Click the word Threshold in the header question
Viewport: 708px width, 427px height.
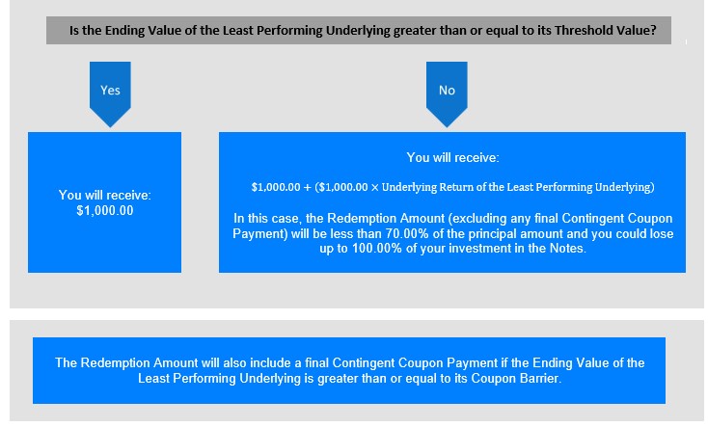pyautogui.click(x=580, y=30)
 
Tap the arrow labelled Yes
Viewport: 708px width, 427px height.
pyautogui.click(x=110, y=93)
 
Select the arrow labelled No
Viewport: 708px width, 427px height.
pyautogui.click(x=447, y=93)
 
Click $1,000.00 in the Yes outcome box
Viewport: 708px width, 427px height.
pyautogui.click(x=105, y=211)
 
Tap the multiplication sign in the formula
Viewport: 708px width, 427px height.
pyautogui.click(x=375, y=187)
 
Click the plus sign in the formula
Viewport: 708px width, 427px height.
pyautogui.click(x=307, y=187)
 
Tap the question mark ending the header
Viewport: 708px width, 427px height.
pyautogui.click(x=653, y=30)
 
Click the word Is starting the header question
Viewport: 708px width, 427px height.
pyautogui.click(x=74, y=30)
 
